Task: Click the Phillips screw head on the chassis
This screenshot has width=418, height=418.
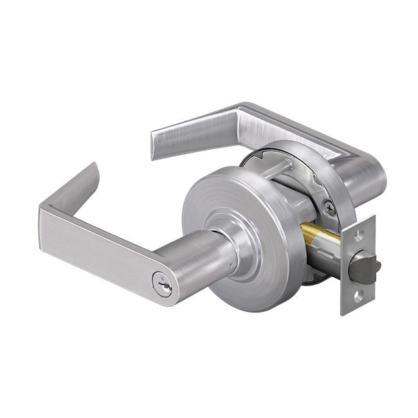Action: tap(328, 206)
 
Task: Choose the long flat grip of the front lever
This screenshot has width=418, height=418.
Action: tap(96, 241)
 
